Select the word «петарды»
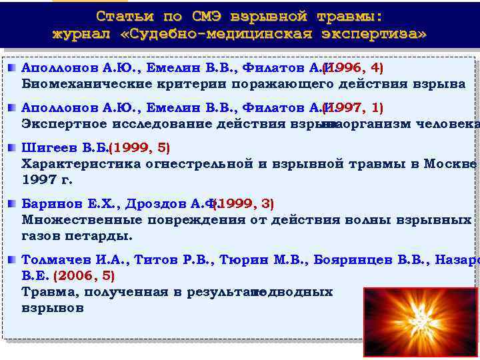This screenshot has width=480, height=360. tap(103, 236)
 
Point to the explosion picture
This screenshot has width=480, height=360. tap(421, 322)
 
